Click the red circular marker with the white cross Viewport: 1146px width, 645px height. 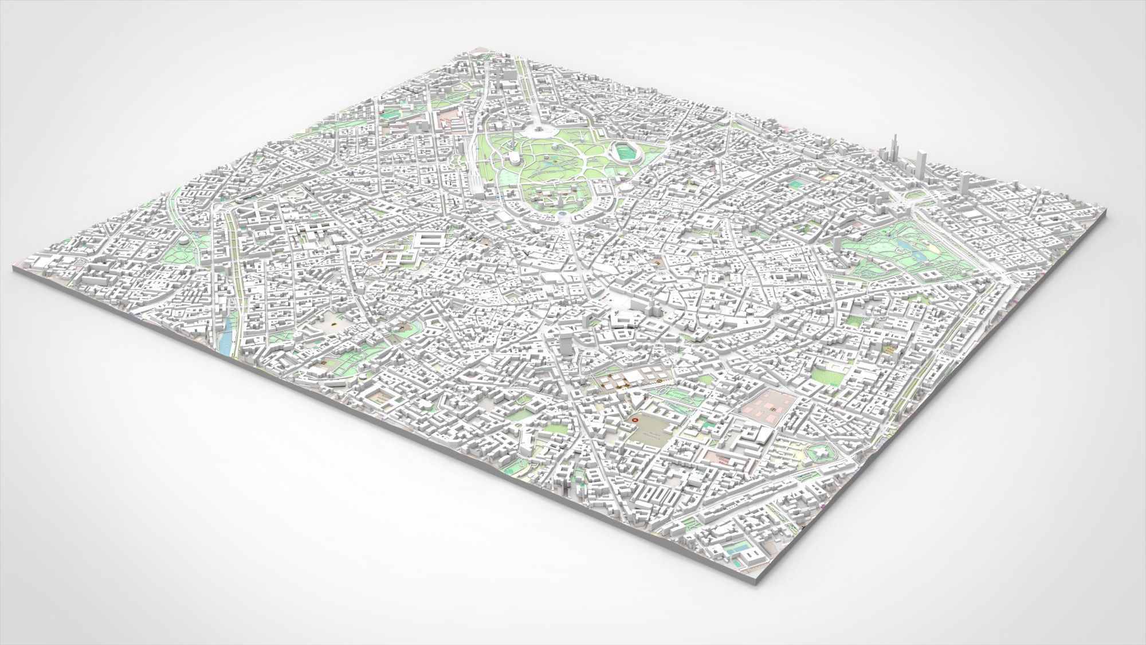tap(634, 421)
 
